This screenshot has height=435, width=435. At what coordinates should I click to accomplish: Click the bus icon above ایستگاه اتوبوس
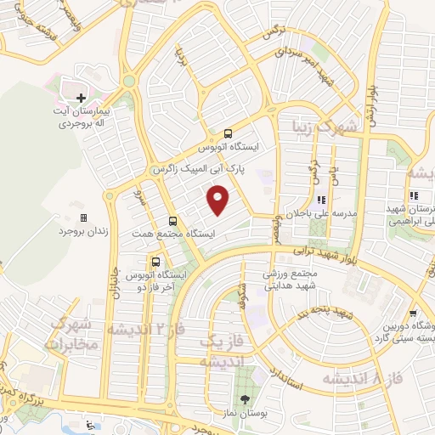pyautogui.click(x=228, y=133)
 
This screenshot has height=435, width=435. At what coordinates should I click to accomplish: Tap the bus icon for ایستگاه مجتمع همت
pyautogui.click(x=172, y=220)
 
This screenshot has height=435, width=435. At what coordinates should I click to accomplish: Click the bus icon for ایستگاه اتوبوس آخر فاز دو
pyautogui.click(x=155, y=261)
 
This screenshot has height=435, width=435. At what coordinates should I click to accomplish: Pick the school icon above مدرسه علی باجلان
pyautogui.click(x=321, y=201)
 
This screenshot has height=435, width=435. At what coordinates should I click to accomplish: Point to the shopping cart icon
pyautogui.click(x=412, y=312)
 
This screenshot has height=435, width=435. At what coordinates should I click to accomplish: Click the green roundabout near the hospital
pyautogui.click(x=129, y=82)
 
